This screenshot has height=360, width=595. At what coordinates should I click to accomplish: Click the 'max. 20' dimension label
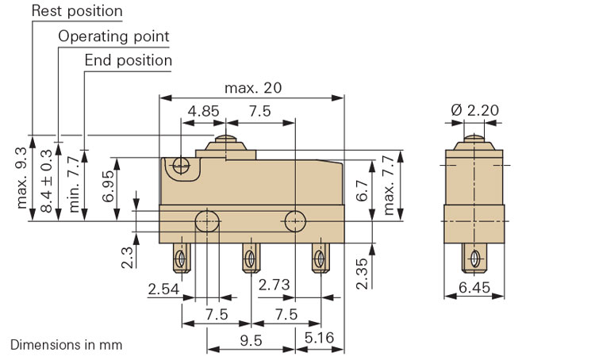click(253, 87)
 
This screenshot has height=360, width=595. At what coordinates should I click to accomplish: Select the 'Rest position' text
click(78, 11)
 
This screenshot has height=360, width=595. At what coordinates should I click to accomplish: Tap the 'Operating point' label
click(114, 36)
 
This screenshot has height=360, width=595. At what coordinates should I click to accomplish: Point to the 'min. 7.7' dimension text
click(74, 183)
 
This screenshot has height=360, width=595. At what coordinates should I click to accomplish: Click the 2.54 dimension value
click(163, 289)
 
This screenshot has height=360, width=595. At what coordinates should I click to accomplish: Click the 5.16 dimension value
click(321, 339)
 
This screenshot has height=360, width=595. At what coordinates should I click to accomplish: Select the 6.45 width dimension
click(474, 289)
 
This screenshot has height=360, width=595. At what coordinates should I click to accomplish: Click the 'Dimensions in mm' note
click(67, 346)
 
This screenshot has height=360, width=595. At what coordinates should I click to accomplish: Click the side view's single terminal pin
click(474, 259)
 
